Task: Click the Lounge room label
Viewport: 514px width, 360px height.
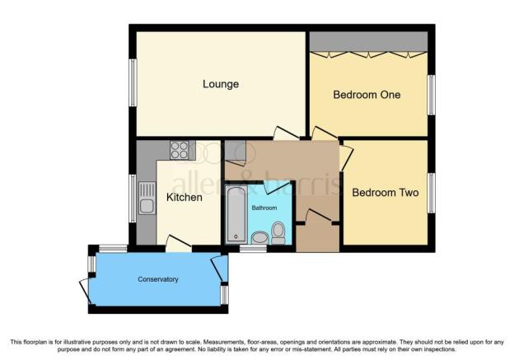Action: [x=221, y=84]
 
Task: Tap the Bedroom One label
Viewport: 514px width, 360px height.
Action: [x=367, y=95]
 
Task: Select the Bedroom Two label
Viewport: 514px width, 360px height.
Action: [x=385, y=193]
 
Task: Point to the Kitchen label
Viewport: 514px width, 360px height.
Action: [x=185, y=198]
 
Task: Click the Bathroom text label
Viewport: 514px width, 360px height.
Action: [x=264, y=208]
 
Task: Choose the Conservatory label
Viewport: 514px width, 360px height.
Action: [x=158, y=279]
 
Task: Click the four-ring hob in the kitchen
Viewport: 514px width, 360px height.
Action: [x=180, y=150]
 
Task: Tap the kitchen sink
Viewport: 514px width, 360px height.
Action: [x=147, y=199]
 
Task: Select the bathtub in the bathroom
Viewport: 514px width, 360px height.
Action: [x=236, y=214]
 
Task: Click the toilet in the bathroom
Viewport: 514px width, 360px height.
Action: [x=278, y=233]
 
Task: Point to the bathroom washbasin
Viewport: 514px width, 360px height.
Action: [x=260, y=238]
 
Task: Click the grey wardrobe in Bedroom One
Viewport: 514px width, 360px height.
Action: [x=369, y=42]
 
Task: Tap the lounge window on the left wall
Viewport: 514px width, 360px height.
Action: [x=133, y=82]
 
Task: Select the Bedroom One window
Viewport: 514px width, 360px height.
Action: [x=432, y=95]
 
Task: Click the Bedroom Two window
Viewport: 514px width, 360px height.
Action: [x=432, y=193]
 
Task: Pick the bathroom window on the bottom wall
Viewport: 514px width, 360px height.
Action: [x=253, y=249]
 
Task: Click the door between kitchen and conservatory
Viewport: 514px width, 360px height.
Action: [x=178, y=244]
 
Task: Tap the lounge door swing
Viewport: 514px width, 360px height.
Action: [x=287, y=133]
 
